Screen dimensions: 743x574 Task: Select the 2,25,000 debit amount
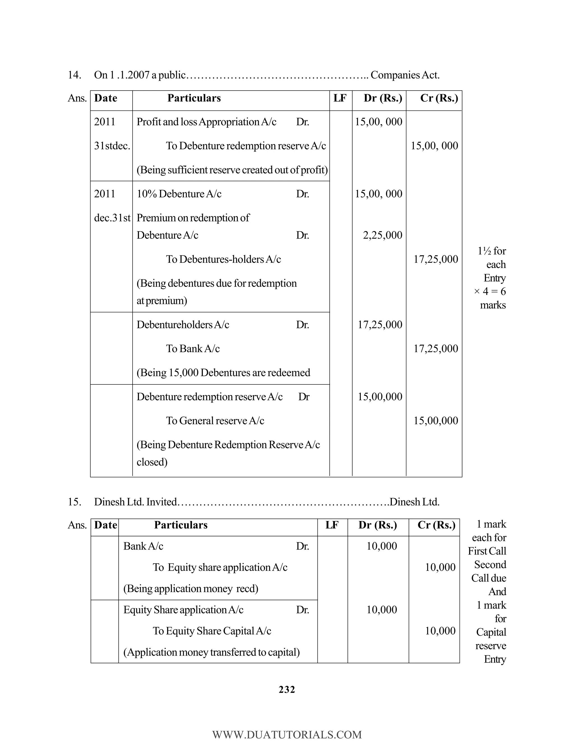382,235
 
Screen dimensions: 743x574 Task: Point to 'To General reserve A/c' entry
215,421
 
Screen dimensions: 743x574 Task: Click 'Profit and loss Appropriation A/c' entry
206,122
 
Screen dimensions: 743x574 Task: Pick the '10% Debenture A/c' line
179,194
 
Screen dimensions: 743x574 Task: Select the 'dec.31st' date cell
112,218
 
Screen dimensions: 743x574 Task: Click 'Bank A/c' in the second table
143,546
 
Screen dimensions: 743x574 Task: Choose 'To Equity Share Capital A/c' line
212,631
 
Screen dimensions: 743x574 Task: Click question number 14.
74,75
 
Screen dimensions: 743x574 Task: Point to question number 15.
74,502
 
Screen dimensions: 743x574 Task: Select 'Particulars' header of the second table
180,525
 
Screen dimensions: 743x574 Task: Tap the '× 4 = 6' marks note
490,292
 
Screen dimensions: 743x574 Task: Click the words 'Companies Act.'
405,75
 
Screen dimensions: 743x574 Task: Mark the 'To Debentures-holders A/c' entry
223,259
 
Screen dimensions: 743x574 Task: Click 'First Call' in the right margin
487,551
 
